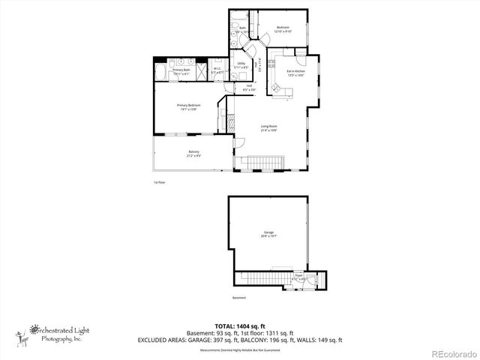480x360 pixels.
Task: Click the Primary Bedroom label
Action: pyautogui.click(x=188, y=106)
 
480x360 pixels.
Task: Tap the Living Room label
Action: pyautogui.click(x=269, y=127)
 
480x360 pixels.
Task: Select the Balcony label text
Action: pyautogui.click(x=193, y=153)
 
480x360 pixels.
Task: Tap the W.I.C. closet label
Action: pyautogui.click(x=217, y=70)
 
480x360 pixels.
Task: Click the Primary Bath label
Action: pyautogui.click(x=181, y=70)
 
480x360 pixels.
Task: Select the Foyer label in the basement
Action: pyautogui.click(x=298, y=277)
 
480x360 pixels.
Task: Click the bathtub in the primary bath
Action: pyautogui.click(x=163, y=72)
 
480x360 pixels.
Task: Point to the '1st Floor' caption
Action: pyautogui.click(x=158, y=182)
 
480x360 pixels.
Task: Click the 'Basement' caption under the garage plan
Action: pyautogui.click(x=238, y=298)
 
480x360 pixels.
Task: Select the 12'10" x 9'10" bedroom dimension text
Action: pyautogui.click(x=282, y=31)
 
